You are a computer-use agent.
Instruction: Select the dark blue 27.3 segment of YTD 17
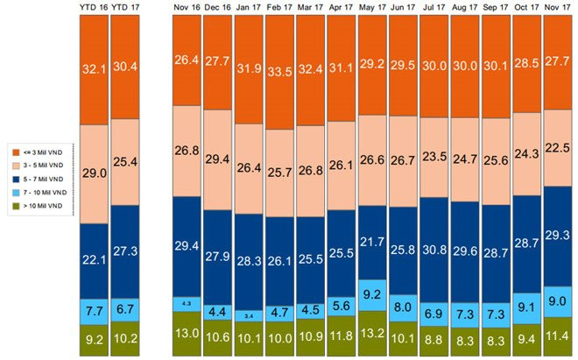point(124,251)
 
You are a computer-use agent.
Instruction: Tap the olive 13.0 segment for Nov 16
point(187,334)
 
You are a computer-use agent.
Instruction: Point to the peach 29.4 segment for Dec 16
point(218,161)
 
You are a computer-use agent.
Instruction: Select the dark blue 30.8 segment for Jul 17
point(435,251)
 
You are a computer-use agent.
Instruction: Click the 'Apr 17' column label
point(342,8)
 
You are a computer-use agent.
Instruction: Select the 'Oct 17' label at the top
point(527,8)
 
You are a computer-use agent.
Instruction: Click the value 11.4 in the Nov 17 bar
point(559,334)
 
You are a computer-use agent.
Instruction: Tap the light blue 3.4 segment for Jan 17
point(249,314)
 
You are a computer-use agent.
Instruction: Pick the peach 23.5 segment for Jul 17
point(435,158)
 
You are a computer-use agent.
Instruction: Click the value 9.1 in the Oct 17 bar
point(527,306)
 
